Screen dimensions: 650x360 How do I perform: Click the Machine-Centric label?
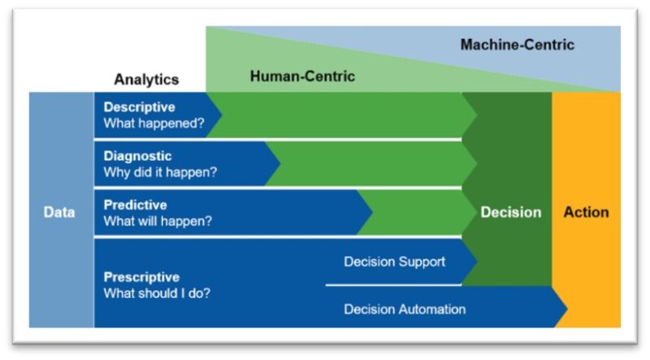(x=518, y=45)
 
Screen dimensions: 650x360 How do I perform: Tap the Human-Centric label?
(x=302, y=76)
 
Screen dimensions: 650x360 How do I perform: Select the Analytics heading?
(x=146, y=79)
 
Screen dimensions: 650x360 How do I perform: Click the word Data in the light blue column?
(x=59, y=212)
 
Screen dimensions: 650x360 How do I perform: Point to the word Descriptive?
(x=139, y=107)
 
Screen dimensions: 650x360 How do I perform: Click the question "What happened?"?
(x=154, y=124)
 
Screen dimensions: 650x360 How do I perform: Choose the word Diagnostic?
(x=137, y=156)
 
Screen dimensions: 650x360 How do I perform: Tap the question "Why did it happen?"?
(x=160, y=172)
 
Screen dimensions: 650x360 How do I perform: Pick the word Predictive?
(x=135, y=205)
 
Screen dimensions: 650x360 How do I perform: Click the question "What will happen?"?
(x=158, y=221)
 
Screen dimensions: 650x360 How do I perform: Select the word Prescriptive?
(x=141, y=277)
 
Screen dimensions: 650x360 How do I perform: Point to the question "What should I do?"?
(x=157, y=293)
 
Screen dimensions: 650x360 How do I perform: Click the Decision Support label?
(x=395, y=262)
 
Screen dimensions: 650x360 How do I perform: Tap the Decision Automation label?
(x=405, y=310)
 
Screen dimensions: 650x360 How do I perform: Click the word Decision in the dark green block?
(x=511, y=212)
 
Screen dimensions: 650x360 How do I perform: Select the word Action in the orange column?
(x=586, y=212)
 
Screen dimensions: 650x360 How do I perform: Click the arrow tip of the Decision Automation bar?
(x=567, y=308)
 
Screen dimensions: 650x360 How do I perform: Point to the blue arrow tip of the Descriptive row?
(x=222, y=115)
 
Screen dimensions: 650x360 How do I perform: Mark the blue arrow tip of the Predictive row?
(x=372, y=212)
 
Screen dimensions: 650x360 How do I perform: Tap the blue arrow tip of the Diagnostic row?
(x=280, y=163)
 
